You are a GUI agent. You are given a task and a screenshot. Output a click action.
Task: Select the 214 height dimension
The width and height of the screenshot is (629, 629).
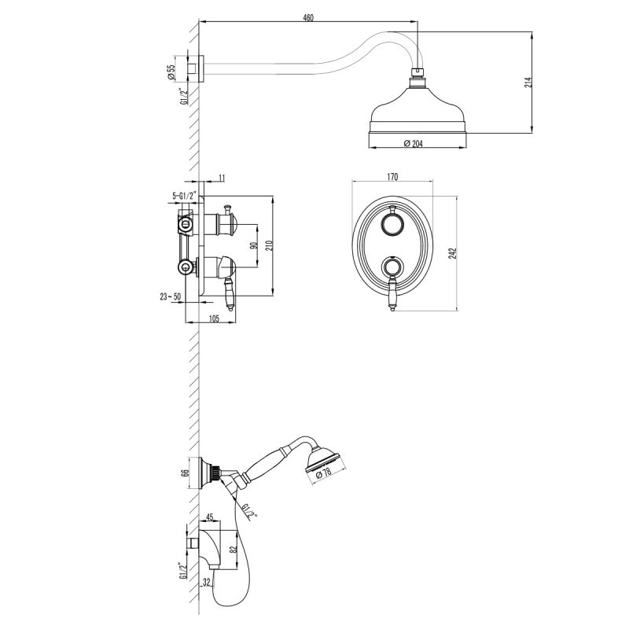click(528, 83)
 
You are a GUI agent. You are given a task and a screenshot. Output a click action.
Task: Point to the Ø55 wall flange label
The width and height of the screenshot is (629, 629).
click(171, 72)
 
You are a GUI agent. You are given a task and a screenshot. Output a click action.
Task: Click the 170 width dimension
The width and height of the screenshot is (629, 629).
click(391, 178)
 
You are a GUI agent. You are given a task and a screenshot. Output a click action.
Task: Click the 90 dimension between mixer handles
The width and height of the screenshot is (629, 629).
click(252, 245)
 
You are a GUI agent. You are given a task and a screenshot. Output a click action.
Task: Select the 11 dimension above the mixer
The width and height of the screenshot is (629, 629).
click(222, 178)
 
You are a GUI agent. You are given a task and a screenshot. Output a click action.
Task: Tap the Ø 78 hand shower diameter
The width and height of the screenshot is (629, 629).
click(323, 475)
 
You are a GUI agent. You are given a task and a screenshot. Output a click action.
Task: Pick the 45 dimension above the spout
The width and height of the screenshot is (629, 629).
click(210, 517)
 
